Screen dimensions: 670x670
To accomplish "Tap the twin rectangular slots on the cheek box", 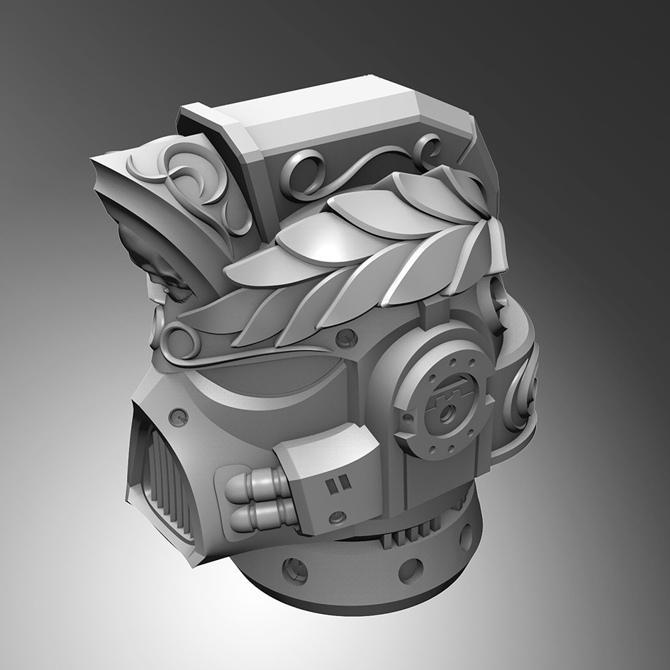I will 333,485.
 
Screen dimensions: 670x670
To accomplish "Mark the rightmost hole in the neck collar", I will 466,535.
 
